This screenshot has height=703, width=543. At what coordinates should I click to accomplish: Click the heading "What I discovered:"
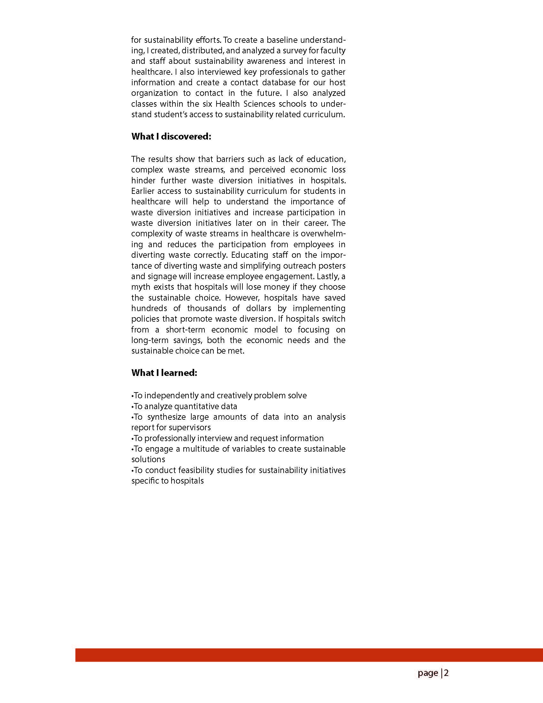171,136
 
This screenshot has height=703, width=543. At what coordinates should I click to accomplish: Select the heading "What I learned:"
164,373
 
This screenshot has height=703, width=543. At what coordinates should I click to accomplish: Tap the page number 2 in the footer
446,673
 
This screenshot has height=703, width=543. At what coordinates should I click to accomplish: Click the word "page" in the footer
428,673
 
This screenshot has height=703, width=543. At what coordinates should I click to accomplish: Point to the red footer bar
309,655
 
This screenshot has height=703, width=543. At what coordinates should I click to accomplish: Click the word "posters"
332,265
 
